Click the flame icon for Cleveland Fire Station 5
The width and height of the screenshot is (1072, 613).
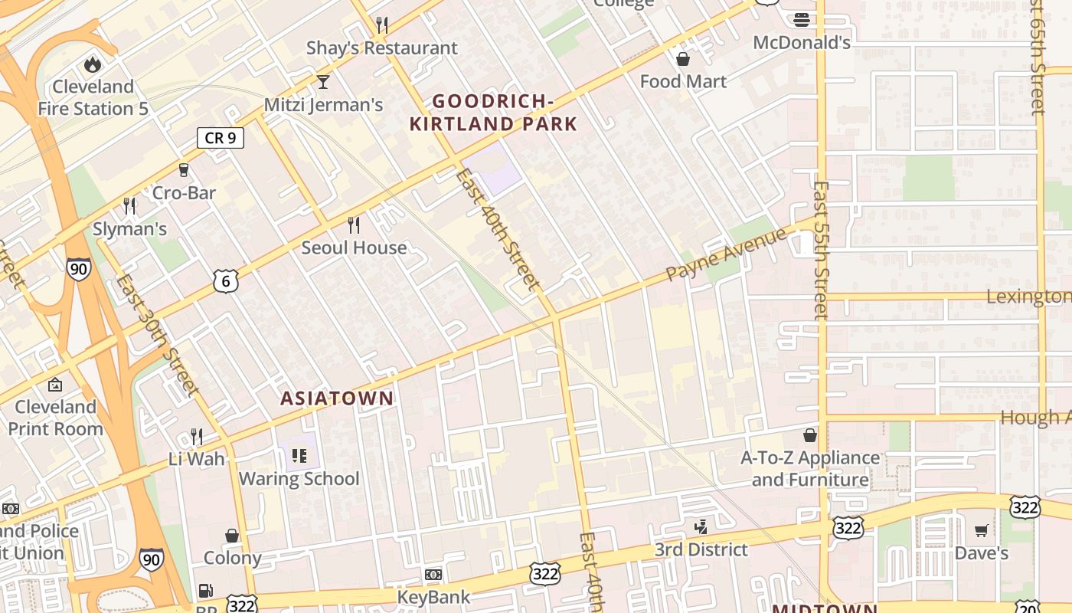[x=93, y=64]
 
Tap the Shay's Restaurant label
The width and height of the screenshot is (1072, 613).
[x=381, y=48]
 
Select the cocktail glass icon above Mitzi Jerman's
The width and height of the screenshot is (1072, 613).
[x=323, y=81]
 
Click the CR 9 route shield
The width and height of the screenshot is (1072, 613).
[x=221, y=138]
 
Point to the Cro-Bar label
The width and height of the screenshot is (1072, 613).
[x=184, y=192]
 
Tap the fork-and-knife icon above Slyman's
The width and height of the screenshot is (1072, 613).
[x=129, y=205]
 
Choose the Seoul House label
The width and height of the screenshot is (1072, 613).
[x=354, y=247]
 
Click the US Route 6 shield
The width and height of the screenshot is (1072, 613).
[x=226, y=281]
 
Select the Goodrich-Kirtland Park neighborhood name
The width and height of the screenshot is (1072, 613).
[x=493, y=112]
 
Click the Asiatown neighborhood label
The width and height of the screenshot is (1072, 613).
[x=337, y=398]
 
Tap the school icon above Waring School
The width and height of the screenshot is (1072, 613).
[x=299, y=457]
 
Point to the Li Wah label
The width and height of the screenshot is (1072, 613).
[x=197, y=459]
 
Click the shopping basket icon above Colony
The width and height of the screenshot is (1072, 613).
[x=232, y=535]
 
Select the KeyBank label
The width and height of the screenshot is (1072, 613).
[x=433, y=596]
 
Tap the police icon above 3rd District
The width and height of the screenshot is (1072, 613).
[x=700, y=526]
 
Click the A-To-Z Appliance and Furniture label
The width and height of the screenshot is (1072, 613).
[x=810, y=469]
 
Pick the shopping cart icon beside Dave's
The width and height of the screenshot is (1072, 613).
[x=981, y=530]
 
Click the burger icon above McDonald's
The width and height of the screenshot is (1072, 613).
[x=802, y=20]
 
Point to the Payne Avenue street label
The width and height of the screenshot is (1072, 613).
[x=726, y=254]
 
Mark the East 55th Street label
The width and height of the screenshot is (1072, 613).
[x=821, y=250]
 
